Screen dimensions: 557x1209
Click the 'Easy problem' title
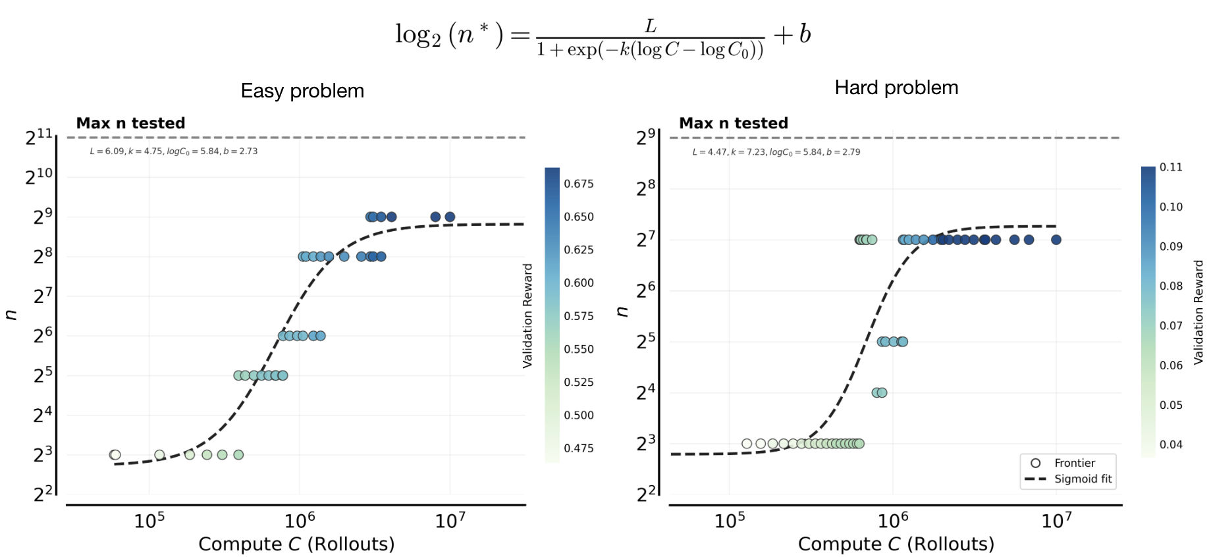pos(302,91)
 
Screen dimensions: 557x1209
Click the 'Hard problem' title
pos(896,88)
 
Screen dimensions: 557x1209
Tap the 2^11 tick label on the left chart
pos(39,137)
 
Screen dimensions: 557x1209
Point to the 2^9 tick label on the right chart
pos(645,137)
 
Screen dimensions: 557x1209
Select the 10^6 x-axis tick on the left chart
pos(300,521)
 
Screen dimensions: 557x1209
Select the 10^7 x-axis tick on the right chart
pos(1056,521)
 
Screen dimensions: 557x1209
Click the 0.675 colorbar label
pos(578,184)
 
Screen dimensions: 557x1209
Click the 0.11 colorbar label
pos(1171,167)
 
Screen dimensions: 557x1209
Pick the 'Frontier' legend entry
pos(1074,463)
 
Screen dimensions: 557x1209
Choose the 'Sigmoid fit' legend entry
pos(1083,479)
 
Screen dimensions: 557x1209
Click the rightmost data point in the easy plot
pos(450,217)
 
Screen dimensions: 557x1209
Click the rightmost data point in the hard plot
pos(1056,240)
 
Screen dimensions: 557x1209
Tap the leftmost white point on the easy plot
pos(115,455)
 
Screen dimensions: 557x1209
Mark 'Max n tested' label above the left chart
pos(130,123)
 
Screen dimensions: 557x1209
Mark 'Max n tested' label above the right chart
pos(734,123)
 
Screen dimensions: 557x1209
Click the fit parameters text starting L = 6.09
pos(173,151)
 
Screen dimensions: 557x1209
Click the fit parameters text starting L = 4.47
pos(776,152)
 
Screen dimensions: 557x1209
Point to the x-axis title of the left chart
pos(296,544)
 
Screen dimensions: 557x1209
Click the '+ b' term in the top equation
pos(792,34)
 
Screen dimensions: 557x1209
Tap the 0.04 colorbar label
pos(1171,444)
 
